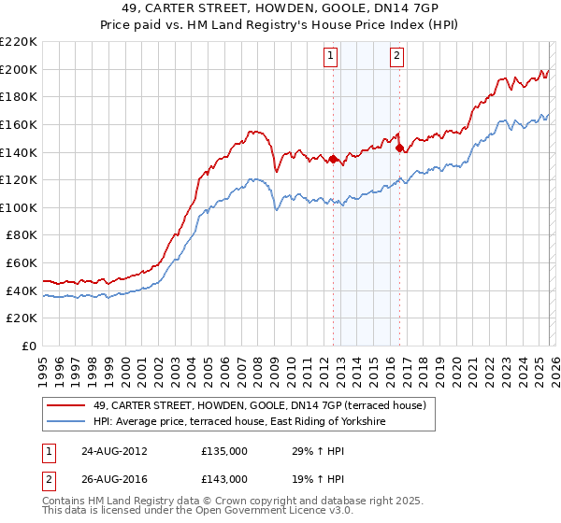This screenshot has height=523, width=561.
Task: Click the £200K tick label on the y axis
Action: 19,69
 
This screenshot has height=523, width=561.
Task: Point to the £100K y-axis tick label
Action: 19,207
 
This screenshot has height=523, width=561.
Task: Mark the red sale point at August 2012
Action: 334,159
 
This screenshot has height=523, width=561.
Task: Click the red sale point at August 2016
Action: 399,148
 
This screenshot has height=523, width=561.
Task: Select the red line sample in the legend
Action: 67,405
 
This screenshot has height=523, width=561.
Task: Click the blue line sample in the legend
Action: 67,421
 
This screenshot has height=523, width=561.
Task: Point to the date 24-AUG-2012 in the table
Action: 115,450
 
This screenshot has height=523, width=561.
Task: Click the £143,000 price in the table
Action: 224,479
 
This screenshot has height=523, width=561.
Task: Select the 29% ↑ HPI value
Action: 317,450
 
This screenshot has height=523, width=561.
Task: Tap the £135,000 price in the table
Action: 224,450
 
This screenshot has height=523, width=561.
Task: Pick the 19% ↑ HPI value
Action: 317,479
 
